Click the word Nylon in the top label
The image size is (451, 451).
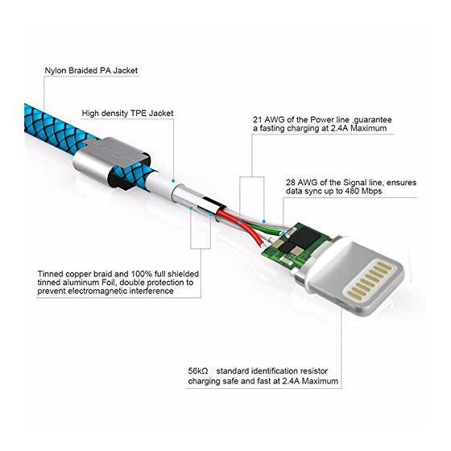pyautogui.click(x=55, y=71)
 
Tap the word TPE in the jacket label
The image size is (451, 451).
pyautogui.click(x=139, y=114)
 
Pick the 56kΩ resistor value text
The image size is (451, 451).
pyautogui.click(x=198, y=370)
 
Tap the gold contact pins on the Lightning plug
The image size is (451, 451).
pyautogui.click(x=370, y=280)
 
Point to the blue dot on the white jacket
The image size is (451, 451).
pyautogui.click(x=173, y=181)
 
